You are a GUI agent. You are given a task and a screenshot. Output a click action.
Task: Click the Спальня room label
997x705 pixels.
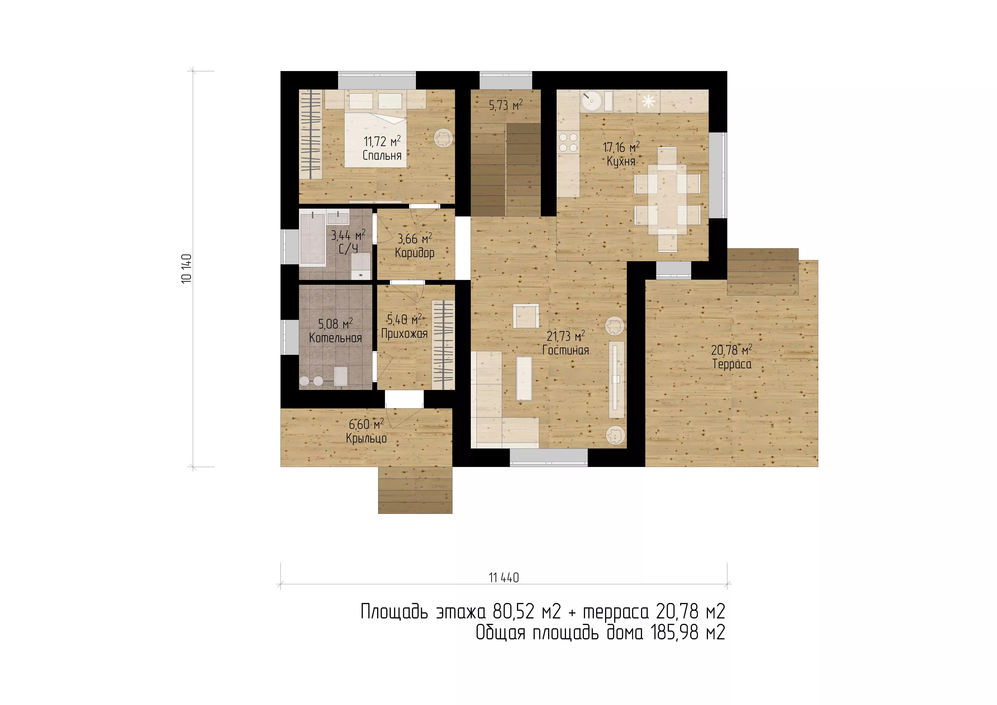coord(382,155)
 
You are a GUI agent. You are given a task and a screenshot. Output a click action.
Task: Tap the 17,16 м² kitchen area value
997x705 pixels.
coord(621,147)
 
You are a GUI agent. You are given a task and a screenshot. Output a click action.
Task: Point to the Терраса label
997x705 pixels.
coord(732,364)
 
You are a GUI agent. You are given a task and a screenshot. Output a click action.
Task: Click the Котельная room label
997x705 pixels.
coord(335,338)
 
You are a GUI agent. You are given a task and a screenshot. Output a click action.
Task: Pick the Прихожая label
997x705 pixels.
coord(404,334)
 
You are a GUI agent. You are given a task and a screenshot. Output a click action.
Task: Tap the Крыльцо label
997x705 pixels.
coord(366,438)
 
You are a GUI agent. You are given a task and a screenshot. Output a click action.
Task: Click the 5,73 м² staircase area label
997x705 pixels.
coord(506,105)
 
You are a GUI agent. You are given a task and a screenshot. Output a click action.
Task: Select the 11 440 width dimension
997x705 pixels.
coord(504,578)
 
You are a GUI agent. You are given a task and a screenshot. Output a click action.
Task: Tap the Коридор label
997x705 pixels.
coord(415,253)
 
